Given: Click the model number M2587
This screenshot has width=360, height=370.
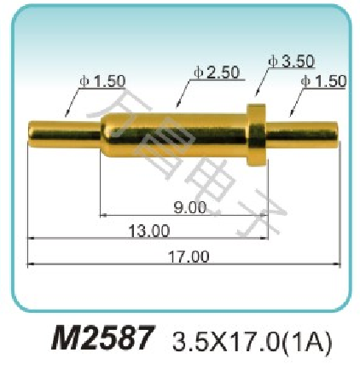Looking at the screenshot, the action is click(x=103, y=338).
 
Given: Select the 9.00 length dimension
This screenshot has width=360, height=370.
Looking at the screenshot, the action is click(x=189, y=207).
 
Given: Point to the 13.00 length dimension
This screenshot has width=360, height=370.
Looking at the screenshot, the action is click(x=149, y=230).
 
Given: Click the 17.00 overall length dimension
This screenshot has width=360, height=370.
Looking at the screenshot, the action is click(x=189, y=257).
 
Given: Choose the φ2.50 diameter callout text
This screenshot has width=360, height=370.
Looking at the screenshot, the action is click(x=217, y=72).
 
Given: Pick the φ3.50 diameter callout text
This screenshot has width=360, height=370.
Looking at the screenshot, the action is click(x=292, y=61).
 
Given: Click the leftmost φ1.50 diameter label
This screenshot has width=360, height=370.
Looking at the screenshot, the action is click(x=102, y=81).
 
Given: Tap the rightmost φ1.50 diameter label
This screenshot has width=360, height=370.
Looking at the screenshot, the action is click(x=323, y=81).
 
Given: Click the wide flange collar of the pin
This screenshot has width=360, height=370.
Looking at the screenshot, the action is click(x=257, y=135).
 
